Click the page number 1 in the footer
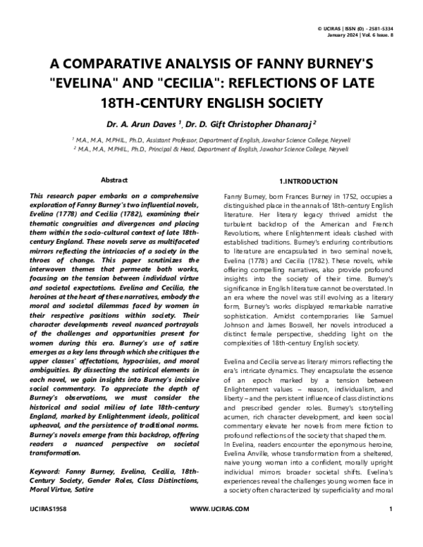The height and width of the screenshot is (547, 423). (x=391, y=527)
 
